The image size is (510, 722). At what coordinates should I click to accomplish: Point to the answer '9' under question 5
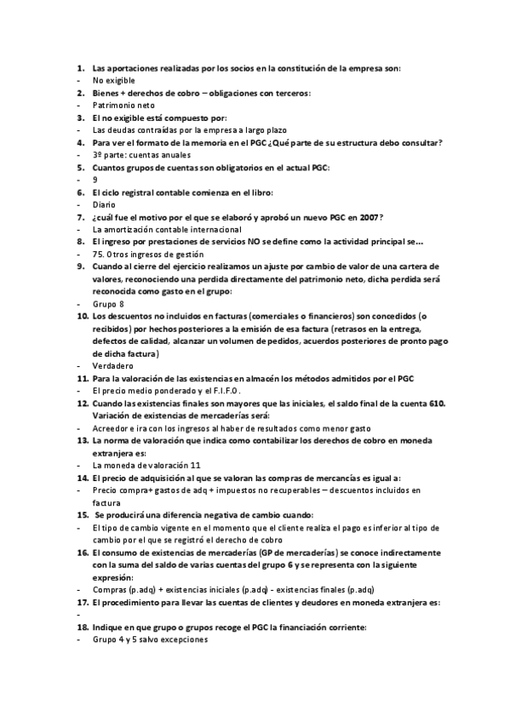[95, 180]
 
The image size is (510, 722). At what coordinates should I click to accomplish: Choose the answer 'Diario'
[103, 204]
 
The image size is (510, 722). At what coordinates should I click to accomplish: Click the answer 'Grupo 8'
[108, 304]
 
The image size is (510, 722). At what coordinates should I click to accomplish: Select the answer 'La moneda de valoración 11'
[146, 466]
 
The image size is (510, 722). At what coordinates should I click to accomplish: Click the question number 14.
[83, 478]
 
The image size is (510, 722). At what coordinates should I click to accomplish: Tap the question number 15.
[83, 515]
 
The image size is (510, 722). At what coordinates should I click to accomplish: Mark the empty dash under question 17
[78, 615]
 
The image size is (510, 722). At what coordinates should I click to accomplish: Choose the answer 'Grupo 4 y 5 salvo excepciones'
[150, 639]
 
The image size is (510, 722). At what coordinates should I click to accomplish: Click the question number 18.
[83, 627]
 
